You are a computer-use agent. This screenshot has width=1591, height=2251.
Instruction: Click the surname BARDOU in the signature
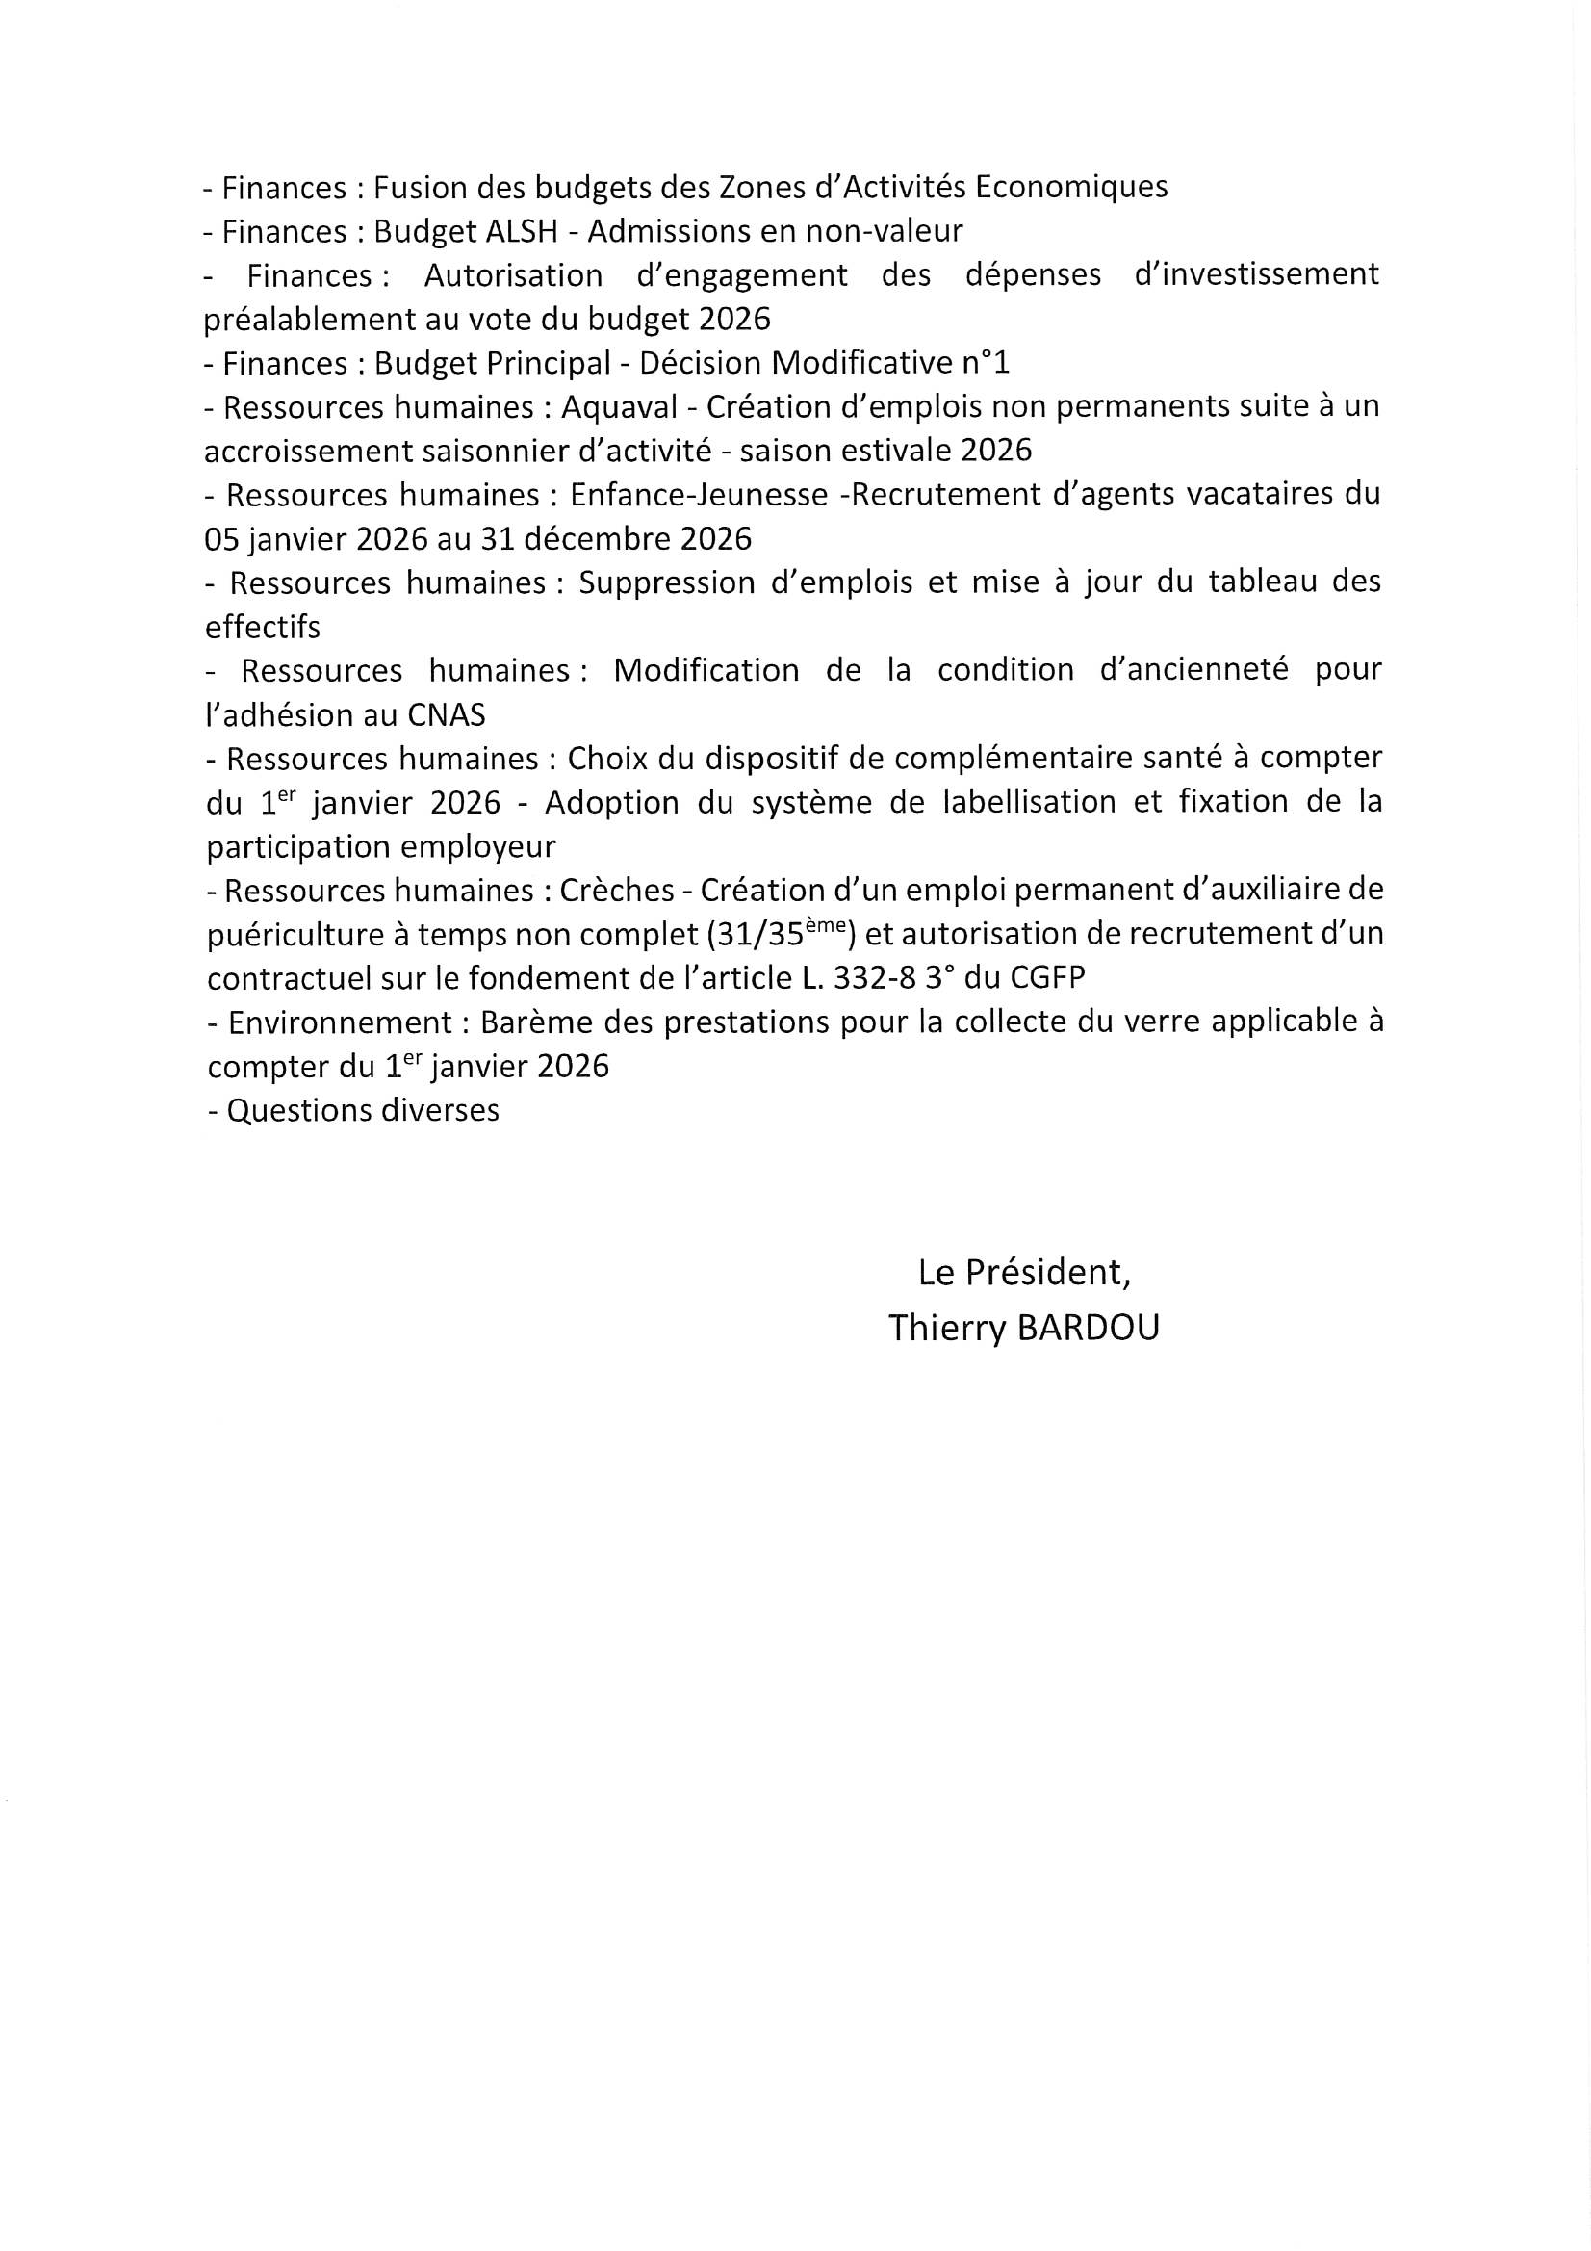pyautogui.click(x=1089, y=1329)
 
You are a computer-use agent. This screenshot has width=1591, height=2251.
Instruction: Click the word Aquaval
pyautogui.click(x=620, y=406)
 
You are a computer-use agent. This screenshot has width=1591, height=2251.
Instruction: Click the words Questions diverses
pyautogui.click(x=363, y=1110)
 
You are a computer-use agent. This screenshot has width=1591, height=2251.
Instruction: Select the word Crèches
pyautogui.click(x=617, y=891)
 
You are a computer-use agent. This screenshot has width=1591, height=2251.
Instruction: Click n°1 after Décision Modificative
pyautogui.click(x=985, y=364)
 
